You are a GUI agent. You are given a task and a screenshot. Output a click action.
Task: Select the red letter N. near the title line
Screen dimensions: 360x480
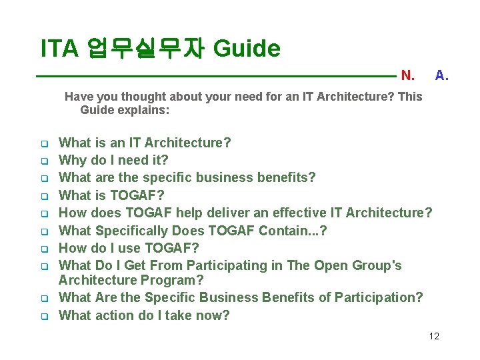coord(407,75)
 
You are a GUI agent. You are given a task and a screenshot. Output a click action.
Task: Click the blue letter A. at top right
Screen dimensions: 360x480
coord(441,75)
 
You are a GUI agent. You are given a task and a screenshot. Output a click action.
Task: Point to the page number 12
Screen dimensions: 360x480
coord(434,336)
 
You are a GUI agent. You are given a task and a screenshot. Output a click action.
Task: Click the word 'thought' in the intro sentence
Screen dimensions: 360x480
coord(142,97)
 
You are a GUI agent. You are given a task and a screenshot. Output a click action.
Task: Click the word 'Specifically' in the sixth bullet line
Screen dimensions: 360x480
coord(132,231)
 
